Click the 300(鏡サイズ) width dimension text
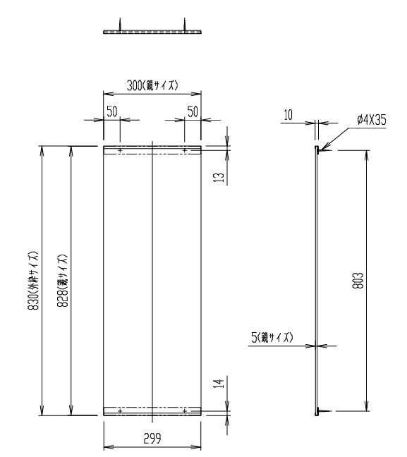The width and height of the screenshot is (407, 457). tap(152, 85)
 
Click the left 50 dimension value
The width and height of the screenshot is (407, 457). tap(111, 111)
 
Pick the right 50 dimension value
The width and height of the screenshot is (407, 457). tap(193, 111)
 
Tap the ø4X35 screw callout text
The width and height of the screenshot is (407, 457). tap(372, 120)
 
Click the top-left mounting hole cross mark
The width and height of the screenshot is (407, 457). tap(120, 150)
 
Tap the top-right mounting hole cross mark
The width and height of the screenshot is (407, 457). tap(185, 150)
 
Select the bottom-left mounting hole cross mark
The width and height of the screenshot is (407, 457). tap(120, 410)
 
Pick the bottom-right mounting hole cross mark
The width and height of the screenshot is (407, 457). tap(185, 410)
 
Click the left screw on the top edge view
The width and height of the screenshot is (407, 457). tap(121, 25)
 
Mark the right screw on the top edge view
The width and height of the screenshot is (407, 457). tap(186, 25)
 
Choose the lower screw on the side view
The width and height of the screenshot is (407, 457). tap(320, 410)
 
